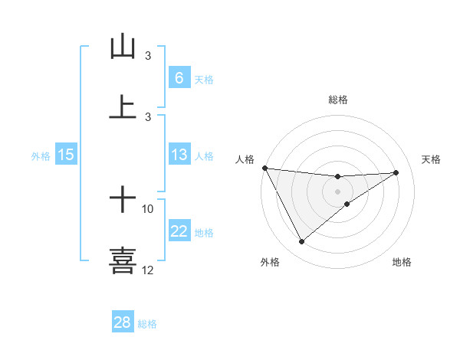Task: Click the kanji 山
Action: coord(123,47)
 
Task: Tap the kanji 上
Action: coord(123,107)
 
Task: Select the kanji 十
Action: coord(123,201)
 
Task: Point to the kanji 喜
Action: coord(123,260)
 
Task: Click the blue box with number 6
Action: coord(179,77)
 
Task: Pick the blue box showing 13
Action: coord(179,155)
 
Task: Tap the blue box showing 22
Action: coord(179,231)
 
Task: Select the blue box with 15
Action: coord(66,155)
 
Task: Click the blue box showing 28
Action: coord(123,322)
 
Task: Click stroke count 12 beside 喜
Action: coord(148,270)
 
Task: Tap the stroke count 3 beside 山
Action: coord(148,56)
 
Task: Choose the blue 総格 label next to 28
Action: coord(147,324)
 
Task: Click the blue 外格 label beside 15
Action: coord(41,156)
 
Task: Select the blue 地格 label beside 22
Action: coord(204,233)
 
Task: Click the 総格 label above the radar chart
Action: coord(338,100)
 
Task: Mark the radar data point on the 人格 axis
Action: coord(264,168)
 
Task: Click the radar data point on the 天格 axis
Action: coord(396,172)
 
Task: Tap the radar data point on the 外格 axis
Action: coord(301,242)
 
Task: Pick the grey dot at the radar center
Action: coord(338,191)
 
